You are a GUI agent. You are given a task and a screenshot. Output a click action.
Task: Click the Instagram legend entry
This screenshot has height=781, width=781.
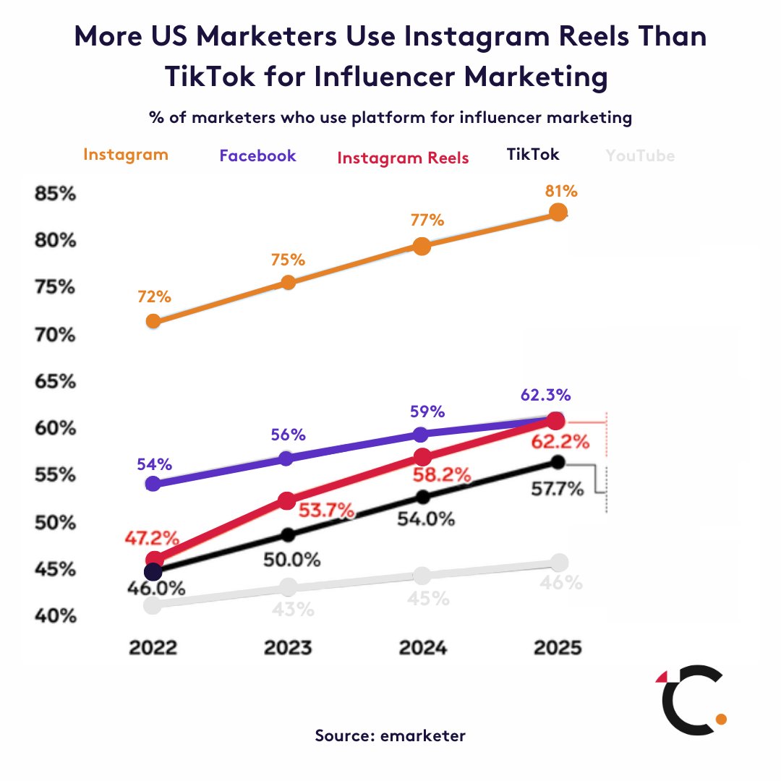coord(126,155)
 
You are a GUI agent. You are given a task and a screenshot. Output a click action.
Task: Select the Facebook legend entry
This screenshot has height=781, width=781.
coord(257,155)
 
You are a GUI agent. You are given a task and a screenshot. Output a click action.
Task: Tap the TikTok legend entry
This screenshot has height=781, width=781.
coord(533,154)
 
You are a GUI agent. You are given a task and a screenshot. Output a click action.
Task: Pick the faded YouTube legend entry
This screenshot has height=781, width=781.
coord(640,155)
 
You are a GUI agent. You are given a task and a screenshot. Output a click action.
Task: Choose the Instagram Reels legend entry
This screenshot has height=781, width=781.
coord(403,158)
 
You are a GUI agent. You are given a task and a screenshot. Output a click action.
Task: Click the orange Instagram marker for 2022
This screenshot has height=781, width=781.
coord(153,321)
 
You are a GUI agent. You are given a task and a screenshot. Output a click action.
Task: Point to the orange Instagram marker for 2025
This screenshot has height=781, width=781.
coord(558,212)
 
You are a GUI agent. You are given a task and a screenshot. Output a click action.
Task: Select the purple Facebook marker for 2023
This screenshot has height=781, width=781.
coord(286,458)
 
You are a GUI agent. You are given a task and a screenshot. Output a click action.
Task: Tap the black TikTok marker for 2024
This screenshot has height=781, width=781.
coord(422,497)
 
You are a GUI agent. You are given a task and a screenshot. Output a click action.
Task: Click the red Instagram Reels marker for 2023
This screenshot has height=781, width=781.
coord(286,500)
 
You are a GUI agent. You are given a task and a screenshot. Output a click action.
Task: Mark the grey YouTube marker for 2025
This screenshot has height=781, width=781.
coord(559,562)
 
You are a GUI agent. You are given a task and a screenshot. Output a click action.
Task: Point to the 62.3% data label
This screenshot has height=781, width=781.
coord(546,396)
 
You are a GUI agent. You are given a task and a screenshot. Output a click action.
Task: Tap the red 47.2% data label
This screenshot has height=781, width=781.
coord(153,539)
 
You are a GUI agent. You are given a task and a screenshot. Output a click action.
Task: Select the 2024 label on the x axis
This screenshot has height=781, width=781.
coord(422,646)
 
